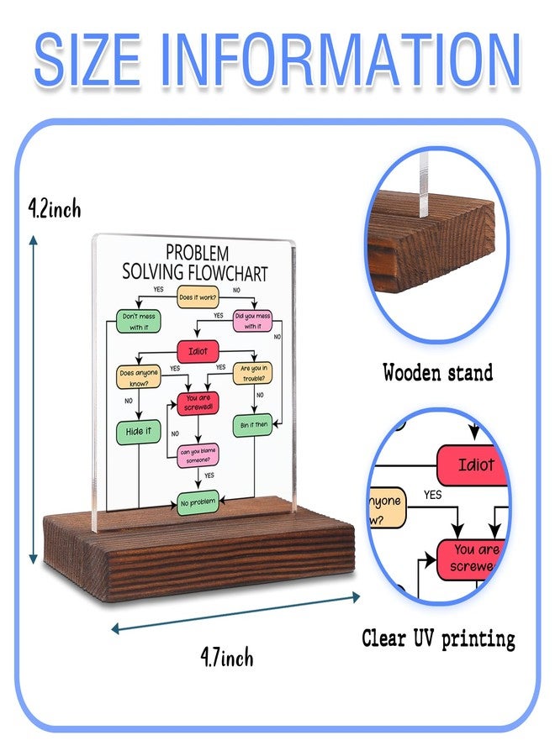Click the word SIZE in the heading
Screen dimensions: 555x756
87,60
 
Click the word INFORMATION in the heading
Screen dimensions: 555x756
341,60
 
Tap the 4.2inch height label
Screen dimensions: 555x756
55,209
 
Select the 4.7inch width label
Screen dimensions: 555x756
227,657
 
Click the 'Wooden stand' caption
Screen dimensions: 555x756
438,373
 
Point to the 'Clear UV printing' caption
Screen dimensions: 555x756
438,639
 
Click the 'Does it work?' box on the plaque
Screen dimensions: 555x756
198,297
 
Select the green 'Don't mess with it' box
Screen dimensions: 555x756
139,322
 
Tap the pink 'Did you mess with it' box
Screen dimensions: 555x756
252,321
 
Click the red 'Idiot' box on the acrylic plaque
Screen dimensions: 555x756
198,351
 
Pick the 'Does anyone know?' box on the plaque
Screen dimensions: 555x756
139,377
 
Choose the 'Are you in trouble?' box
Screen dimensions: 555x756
253,373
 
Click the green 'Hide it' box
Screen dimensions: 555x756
139,432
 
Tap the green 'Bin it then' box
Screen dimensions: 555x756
253,425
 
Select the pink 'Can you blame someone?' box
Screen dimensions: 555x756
198,455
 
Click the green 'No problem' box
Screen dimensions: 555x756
198,503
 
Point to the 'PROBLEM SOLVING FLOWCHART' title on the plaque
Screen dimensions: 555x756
194,263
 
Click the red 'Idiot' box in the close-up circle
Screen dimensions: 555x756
473,465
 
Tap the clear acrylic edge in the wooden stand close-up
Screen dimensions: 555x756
424,185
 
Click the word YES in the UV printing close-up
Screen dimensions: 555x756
433,495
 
